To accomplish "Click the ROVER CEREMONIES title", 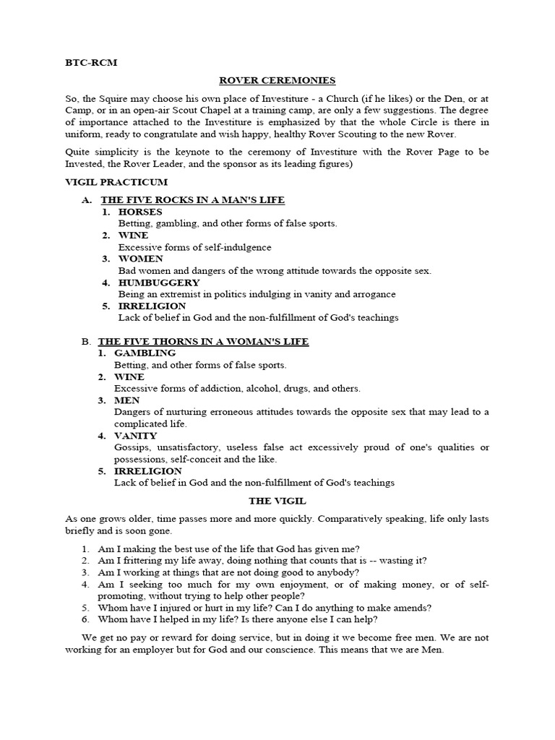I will point(277,81).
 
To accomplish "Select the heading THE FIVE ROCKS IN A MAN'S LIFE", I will point(193,199).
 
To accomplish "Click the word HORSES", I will point(140,212).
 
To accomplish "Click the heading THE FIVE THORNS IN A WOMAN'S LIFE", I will point(203,341).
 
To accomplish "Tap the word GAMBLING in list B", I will point(145,353).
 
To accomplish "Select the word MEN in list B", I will point(127,400).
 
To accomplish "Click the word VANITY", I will point(136,436).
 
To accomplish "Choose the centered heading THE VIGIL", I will point(277,501).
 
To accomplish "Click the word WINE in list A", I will point(133,235).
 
